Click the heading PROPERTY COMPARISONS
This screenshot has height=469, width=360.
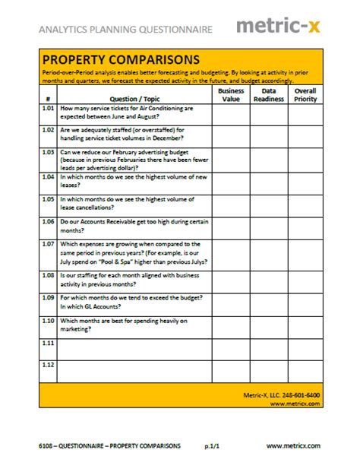(x=121, y=59)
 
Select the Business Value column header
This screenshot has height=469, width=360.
(x=231, y=94)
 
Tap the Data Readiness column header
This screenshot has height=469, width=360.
(x=268, y=94)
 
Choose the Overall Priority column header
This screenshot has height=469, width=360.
(x=305, y=94)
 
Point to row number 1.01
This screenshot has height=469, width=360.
(x=48, y=109)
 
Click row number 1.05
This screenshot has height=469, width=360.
(x=48, y=199)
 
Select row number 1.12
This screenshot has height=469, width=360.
(x=48, y=366)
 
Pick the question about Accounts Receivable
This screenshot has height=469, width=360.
(x=133, y=226)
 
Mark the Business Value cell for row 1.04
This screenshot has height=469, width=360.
(x=231, y=182)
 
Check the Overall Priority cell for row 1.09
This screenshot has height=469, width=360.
(x=305, y=303)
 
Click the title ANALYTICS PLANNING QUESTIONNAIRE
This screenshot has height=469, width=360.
(x=125, y=29)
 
